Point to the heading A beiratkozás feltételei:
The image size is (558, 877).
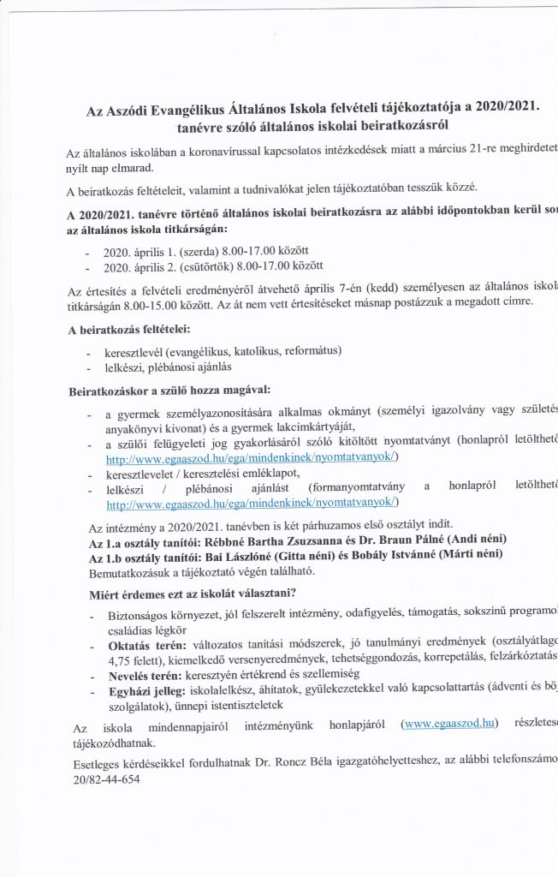coord(128,329)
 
